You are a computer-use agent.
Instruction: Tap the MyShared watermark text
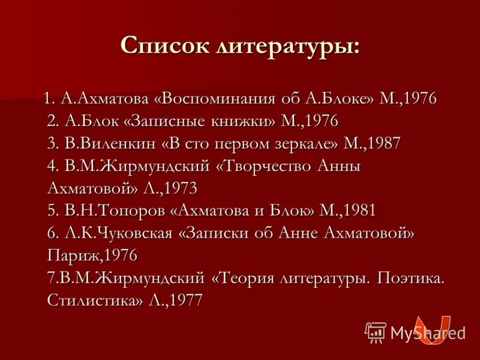(427, 332)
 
